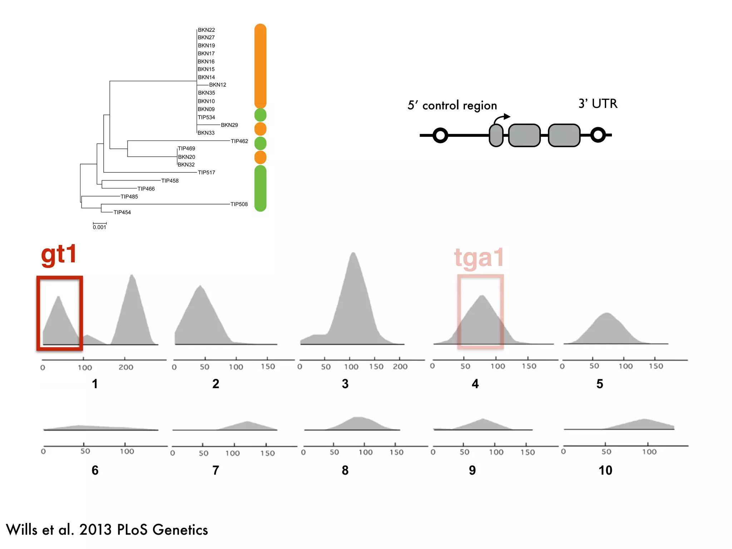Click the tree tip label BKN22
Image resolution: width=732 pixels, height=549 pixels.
pos(206,30)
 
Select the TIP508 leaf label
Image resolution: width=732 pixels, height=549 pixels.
pos(239,204)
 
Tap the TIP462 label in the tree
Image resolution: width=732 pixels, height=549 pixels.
pos(239,141)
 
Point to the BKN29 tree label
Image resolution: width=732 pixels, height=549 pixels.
pos(229,125)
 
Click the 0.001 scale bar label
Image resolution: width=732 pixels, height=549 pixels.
pos(99,227)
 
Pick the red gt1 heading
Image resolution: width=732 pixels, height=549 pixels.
pos(59,254)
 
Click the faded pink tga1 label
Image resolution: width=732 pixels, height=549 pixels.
pos(479,257)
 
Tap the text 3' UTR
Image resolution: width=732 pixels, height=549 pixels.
pos(598,104)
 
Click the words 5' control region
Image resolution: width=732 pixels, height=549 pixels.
pos(452,105)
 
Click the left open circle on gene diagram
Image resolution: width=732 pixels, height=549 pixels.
pos(440,135)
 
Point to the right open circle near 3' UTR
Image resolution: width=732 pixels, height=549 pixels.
pos(598,135)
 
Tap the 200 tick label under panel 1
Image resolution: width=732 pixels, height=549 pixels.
pos(126,367)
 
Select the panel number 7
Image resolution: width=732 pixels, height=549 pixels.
pos(216,470)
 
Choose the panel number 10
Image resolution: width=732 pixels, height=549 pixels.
pos(605,470)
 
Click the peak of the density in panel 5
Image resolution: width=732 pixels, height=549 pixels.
pos(607,315)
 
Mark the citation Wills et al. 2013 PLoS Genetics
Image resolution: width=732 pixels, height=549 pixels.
pos(107,530)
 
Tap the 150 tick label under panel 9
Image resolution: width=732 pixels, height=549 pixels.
pos(527,452)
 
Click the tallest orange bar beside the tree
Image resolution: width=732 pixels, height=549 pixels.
pos(260,66)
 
